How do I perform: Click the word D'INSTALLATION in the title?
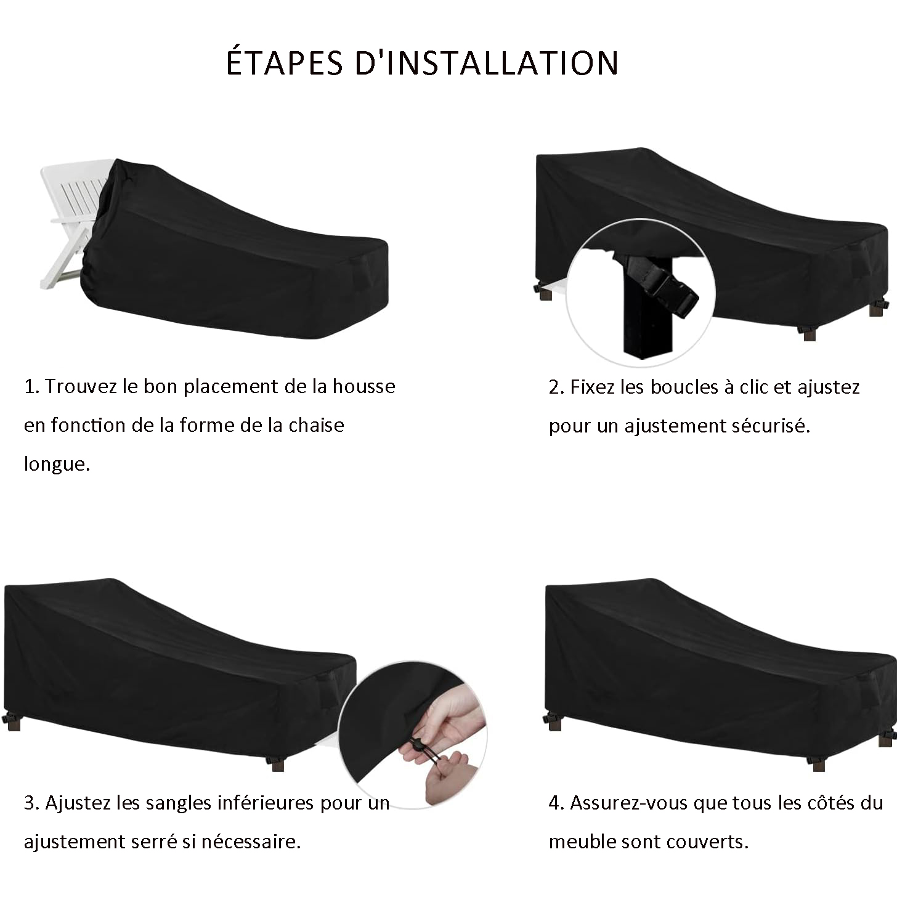[x=487, y=62]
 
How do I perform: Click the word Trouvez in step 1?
[x=81, y=386]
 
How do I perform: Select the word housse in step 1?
[x=363, y=386]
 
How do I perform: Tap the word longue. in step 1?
[x=57, y=464]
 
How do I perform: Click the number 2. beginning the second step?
[x=557, y=388]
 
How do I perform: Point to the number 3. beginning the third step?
[x=31, y=803]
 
